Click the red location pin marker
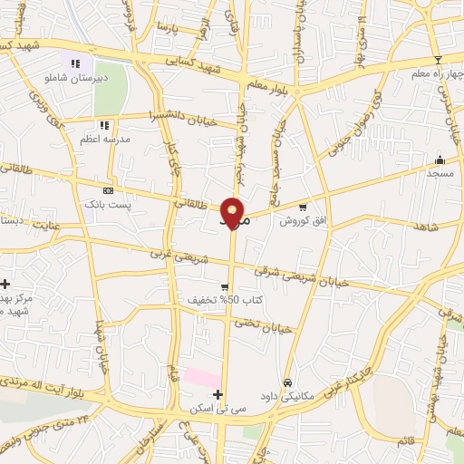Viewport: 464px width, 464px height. coord(234,212)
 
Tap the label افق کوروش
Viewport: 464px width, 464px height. coord(296,221)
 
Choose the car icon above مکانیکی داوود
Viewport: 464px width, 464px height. coord(288,382)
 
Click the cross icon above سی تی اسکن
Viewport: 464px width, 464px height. coord(217,394)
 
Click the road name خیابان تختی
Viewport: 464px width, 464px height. coord(263,325)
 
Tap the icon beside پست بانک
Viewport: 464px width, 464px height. coord(109,190)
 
